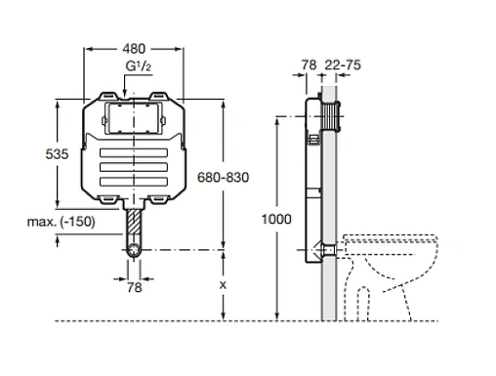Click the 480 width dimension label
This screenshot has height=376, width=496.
pyautogui.click(x=134, y=49)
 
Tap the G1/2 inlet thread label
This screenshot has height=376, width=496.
pyautogui.click(x=139, y=66)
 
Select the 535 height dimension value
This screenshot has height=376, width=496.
pyautogui.click(x=57, y=154)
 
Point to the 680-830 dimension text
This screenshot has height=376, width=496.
pyautogui.click(x=224, y=178)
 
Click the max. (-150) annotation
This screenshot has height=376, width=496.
pyautogui.click(x=62, y=222)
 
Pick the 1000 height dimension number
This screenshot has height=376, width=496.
pyautogui.click(x=276, y=219)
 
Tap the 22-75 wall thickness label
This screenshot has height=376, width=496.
pyautogui.click(x=343, y=64)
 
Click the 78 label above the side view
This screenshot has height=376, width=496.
pyautogui.click(x=309, y=64)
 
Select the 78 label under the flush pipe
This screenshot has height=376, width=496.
pyautogui.click(x=135, y=287)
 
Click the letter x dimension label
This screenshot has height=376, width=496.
pyautogui.click(x=223, y=285)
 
